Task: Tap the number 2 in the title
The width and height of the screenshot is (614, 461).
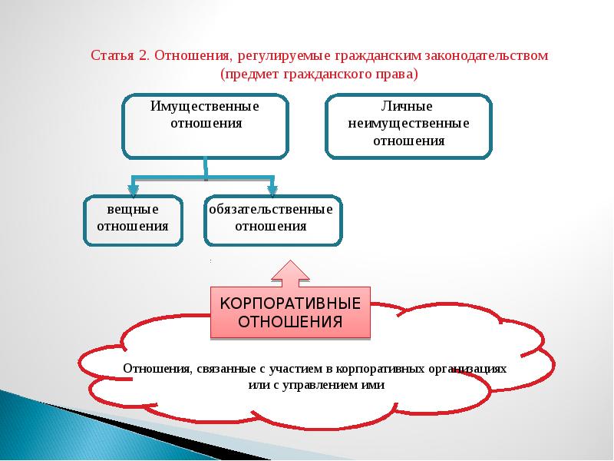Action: [x=143, y=56]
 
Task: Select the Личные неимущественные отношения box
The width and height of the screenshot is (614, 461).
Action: [x=408, y=127]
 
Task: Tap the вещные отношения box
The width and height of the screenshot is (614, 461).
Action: [x=133, y=221]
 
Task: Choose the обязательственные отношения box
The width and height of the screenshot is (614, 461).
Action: [x=273, y=221]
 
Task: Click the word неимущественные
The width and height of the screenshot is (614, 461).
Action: [x=408, y=124]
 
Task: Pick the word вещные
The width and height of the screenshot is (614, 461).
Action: [x=133, y=209]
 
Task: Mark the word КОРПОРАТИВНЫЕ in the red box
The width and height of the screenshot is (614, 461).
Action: [x=290, y=302]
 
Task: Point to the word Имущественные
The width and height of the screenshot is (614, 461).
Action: [x=204, y=106]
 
